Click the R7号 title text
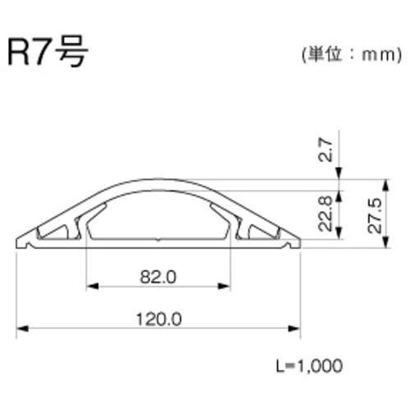(48, 52)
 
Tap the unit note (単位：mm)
(352, 55)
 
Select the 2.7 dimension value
(326, 150)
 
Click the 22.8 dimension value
(326, 214)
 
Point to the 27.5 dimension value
(374, 216)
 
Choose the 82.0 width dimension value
(158, 277)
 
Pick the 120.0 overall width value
(159, 319)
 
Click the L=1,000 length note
(309, 366)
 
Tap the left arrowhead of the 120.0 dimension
(22, 329)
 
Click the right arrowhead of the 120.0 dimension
(294, 329)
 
